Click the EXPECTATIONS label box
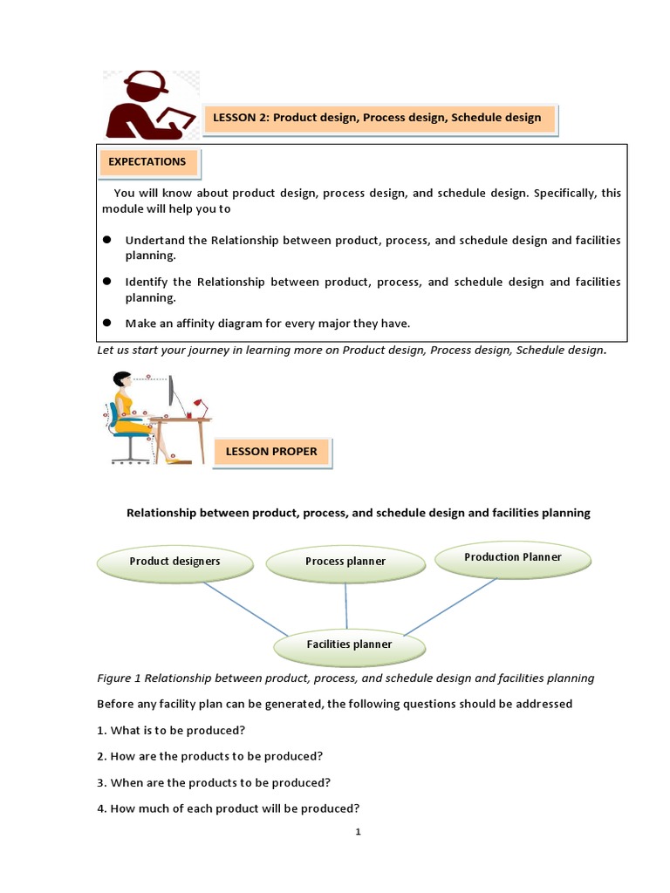point(147,162)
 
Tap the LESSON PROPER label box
point(271,452)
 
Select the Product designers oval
point(174,562)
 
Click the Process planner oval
point(345,562)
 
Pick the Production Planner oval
point(512,557)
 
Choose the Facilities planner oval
point(349,644)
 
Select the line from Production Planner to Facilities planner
point(449,606)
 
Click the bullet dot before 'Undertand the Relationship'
point(107,240)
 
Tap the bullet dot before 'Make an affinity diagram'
point(107,323)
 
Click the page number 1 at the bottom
point(358,832)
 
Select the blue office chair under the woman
point(126,432)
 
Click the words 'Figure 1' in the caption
point(119,678)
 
